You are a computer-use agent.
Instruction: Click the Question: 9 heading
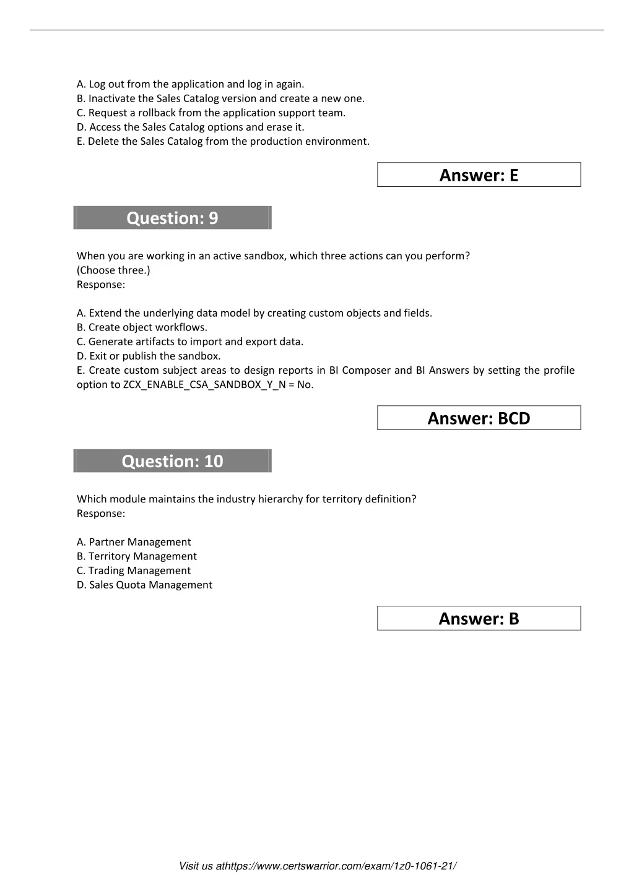tap(172, 218)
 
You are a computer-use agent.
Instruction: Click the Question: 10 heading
tap(172, 461)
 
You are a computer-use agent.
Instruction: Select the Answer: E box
tap(479, 175)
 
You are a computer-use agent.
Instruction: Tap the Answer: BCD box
tap(479, 418)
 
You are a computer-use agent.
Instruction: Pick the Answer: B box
tap(479, 619)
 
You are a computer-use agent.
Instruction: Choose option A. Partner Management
tap(134, 542)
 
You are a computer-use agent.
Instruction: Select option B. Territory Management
tap(137, 556)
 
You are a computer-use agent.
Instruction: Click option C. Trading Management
tap(134, 571)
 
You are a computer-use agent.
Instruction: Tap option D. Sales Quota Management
tap(144, 585)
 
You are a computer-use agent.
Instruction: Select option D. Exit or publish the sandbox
tap(149, 356)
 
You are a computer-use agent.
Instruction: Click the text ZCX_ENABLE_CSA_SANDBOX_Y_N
tap(204, 384)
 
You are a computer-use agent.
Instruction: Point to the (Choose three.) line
tap(113, 270)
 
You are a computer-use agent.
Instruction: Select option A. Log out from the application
tap(190, 84)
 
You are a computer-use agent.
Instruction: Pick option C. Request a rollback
tap(211, 113)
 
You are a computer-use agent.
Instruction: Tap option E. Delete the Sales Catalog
tap(223, 141)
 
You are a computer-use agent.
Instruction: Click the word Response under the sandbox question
tap(100, 285)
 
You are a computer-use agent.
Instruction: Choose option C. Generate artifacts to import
tap(190, 342)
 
